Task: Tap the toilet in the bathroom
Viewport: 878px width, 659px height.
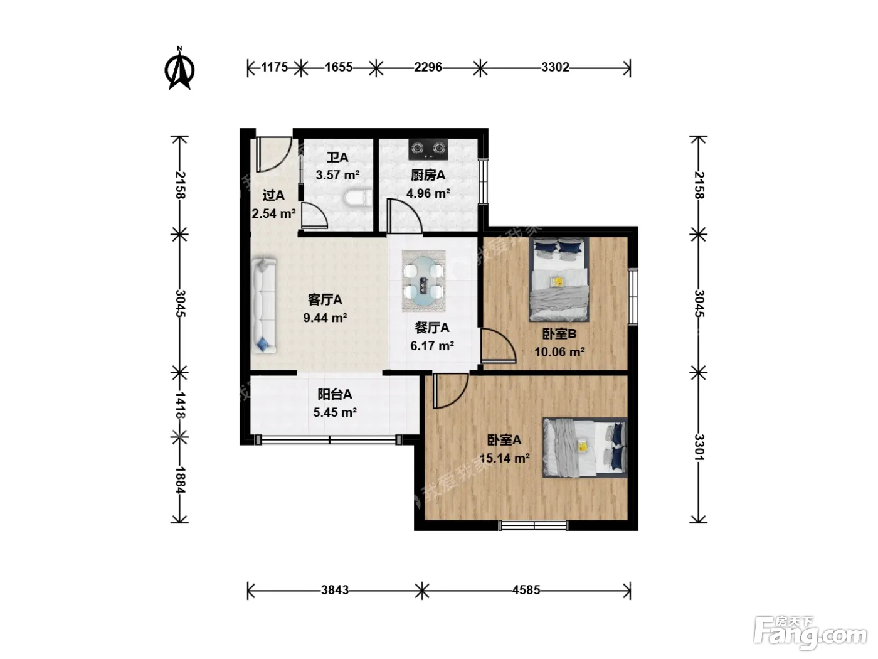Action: click(358, 198)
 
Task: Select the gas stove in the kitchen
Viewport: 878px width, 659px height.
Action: click(428, 149)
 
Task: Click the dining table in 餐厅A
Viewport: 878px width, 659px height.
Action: click(423, 281)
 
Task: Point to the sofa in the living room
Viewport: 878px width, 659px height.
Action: click(264, 306)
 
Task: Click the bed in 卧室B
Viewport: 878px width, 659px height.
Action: click(559, 279)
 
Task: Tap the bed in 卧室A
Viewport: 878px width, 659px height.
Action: click(584, 447)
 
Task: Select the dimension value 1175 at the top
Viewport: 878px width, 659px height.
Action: click(275, 67)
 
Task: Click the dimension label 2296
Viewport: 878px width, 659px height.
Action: click(428, 67)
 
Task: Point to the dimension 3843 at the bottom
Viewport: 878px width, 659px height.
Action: click(335, 590)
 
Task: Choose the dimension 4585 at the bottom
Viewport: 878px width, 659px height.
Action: click(526, 590)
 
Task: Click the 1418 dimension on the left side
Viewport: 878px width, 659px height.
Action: click(179, 405)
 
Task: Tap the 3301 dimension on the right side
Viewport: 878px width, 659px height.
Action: click(699, 447)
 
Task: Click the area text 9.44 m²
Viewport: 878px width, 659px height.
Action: click(325, 318)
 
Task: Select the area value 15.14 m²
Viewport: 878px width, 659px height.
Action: click(504, 458)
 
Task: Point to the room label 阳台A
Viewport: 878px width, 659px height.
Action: click(335, 395)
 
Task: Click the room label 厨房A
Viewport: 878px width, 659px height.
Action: click(428, 175)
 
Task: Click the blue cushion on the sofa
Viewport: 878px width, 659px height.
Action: click(263, 344)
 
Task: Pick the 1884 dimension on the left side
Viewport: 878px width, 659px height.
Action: click(179, 480)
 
